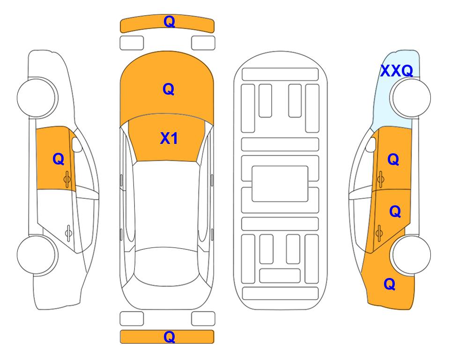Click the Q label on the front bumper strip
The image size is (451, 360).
169,22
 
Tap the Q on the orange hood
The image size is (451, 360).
169,89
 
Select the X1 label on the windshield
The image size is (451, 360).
169,138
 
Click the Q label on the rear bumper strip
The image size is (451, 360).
169,337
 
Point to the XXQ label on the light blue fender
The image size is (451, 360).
397,71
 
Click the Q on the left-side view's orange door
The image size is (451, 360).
59,159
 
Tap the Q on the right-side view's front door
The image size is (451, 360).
393,159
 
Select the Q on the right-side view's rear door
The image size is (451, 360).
395,212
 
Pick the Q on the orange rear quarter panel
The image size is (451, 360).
390,284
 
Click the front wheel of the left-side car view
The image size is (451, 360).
37,97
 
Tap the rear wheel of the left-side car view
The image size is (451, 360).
37,255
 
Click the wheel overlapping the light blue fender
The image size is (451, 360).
410,97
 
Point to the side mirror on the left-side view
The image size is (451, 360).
76,144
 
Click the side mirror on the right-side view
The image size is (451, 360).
371,144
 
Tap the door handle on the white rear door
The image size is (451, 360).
68,233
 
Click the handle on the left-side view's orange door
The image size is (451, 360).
67,180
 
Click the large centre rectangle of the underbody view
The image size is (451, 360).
280,184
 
